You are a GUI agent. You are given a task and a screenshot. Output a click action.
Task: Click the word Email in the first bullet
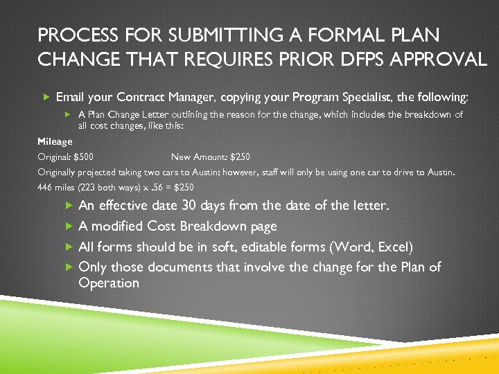point(71,97)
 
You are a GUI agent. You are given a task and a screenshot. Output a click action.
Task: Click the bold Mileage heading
point(55,141)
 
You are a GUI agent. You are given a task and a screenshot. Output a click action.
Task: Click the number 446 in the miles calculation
point(46,188)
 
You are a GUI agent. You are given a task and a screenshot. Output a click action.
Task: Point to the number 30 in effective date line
point(189,206)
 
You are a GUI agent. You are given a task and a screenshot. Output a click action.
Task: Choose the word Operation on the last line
point(109,283)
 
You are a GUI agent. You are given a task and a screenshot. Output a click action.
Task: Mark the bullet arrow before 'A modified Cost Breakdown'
point(69,226)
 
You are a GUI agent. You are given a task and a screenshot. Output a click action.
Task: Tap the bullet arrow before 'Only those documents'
point(69,267)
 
